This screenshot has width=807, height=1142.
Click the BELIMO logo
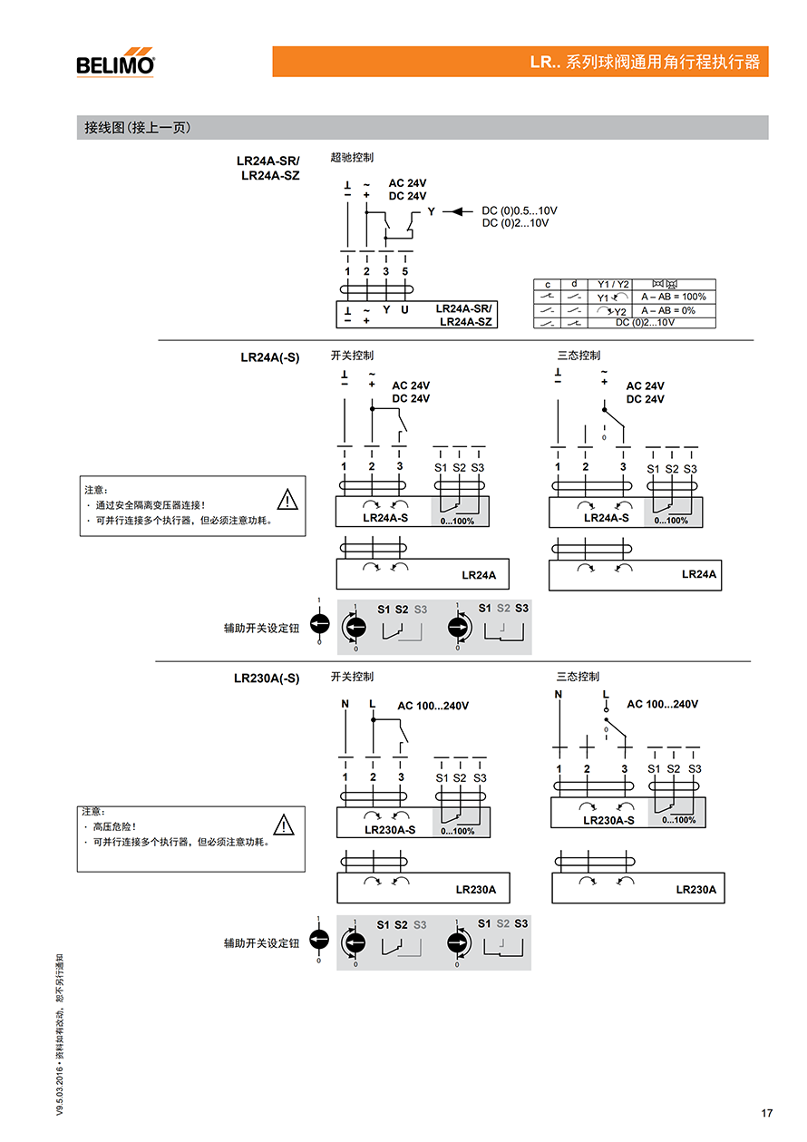[x=115, y=63]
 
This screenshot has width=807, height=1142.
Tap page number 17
[x=767, y=1113]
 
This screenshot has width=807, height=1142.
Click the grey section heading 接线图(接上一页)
[x=138, y=128]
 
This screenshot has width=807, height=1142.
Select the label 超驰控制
[x=352, y=158]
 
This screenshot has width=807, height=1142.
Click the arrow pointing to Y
[x=458, y=211]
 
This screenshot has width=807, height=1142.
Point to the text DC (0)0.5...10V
[x=520, y=210]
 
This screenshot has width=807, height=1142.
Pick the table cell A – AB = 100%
[x=674, y=297]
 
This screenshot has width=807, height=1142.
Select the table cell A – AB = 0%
[x=668, y=310]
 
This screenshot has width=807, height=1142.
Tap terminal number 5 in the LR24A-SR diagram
[x=404, y=272]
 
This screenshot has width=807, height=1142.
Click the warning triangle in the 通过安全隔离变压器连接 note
[x=287, y=500]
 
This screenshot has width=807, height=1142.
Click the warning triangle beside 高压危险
[x=284, y=825]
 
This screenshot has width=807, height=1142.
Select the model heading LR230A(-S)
[x=267, y=678]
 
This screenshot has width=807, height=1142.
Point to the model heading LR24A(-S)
[x=269, y=357]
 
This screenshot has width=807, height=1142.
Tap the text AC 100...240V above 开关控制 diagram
[x=433, y=706]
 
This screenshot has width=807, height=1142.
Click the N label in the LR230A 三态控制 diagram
[x=559, y=695]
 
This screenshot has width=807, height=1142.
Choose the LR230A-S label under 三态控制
[x=608, y=820]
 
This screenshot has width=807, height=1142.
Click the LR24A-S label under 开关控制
[x=385, y=517]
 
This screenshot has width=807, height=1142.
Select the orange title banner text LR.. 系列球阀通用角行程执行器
[x=645, y=62]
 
